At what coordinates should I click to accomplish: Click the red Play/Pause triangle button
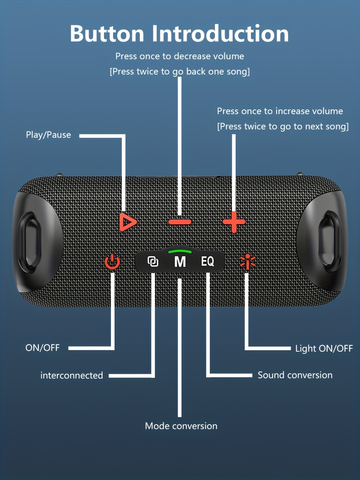coord(127,222)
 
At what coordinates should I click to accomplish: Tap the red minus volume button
coord(180,222)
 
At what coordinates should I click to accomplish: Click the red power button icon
coord(112,262)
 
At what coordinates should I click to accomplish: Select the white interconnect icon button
coord(153,261)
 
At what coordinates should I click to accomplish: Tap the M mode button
coord(180,262)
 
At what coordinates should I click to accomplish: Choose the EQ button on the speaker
coord(208,261)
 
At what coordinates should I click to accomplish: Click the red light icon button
coord(248,262)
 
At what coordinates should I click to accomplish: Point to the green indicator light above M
coord(180,251)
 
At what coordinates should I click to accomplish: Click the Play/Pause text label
coord(48,135)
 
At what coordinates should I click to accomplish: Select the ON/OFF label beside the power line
coord(42,348)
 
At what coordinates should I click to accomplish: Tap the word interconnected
coord(72,375)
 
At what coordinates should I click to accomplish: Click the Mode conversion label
coord(181,426)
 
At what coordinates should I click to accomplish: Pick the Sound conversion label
coord(295,375)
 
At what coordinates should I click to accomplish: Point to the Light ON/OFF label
coord(324,348)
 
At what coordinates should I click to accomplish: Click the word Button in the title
coord(107,34)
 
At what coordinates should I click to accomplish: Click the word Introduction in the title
coord(220,34)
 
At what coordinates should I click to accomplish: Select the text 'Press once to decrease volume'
coord(180,56)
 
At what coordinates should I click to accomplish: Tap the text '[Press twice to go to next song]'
coord(283,127)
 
